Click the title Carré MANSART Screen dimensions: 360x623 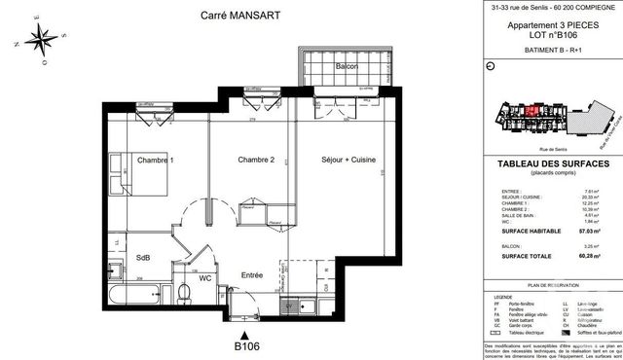point(206,15)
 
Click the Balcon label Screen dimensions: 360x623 point(348,66)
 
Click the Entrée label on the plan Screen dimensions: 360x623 point(252,275)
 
